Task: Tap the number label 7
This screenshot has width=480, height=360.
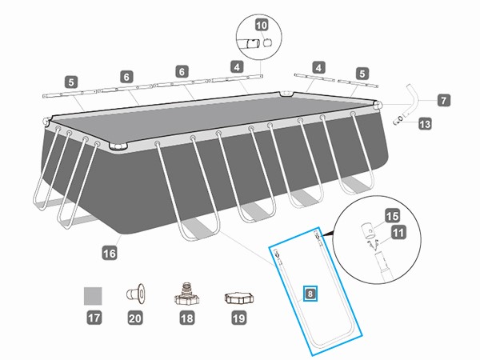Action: click(x=444, y=101)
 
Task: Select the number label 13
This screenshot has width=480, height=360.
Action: click(x=425, y=124)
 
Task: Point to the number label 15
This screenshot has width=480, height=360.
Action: click(x=392, y=215)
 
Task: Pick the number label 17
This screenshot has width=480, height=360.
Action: click(x=94, y=319)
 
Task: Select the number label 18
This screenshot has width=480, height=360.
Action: click(x=186, y=319)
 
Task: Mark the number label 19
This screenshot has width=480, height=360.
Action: click(x=238, y=319)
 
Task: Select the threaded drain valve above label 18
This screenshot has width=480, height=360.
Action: click(x=186, y=294)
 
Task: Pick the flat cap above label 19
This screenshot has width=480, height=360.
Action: click(x=238, y=297)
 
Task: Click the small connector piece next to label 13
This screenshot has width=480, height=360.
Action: click(x=399, y=120)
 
